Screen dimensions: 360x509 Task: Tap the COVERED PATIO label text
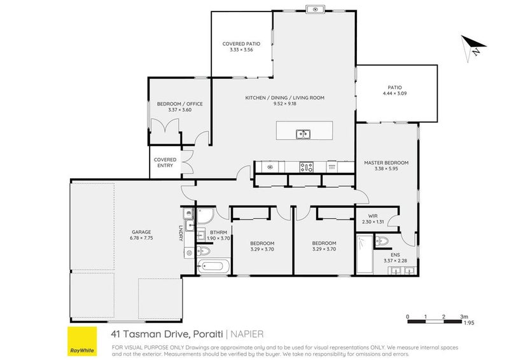[x=241, y=44]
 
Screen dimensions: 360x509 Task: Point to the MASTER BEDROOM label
[x=386, y=163]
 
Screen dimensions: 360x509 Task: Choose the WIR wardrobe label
[x=364, y=216]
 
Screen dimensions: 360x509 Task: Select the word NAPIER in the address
[x=247, y=333]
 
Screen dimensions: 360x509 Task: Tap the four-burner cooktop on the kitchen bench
[x=307, y=167]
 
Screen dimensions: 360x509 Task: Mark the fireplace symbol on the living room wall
[x=315, y=9]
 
